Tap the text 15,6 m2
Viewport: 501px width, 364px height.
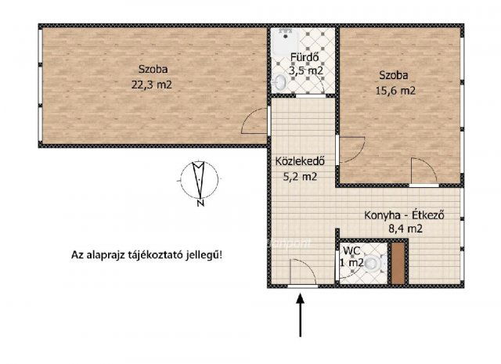(397, 90)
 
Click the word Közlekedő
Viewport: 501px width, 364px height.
(295, 163)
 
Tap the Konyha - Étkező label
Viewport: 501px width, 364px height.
(404, 215)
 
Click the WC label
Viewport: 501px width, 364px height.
(351, 250)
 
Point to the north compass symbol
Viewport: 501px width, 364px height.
(200, 181)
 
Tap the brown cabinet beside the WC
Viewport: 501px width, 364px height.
(399, 264)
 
